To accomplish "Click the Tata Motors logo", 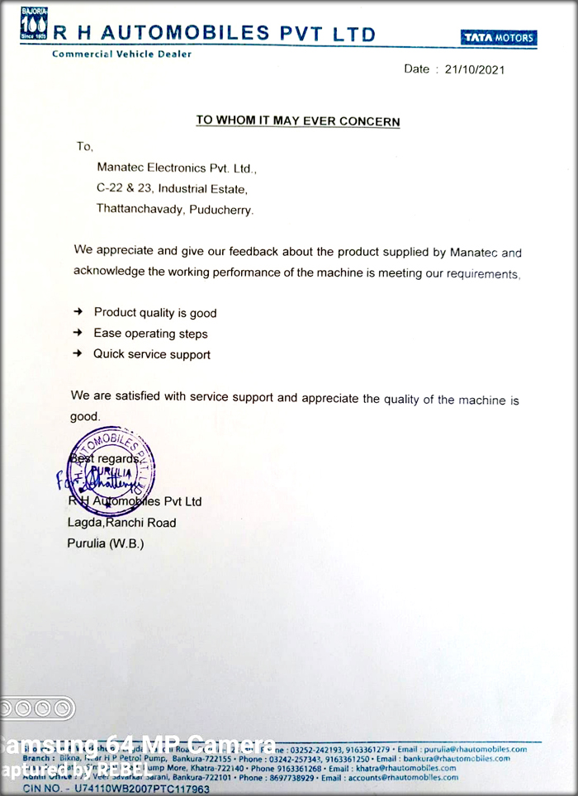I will click(x=499, y=37).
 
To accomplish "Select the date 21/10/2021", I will click(x=475, y=69).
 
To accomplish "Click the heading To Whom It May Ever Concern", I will click(x=297, y=121).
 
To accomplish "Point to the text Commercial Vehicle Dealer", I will click(x=121, y=54).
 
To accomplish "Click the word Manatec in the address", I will click(x=121, y=168).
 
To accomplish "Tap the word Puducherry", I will click(x=221, y=209).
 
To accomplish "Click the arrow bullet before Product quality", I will click(x=78, y=312).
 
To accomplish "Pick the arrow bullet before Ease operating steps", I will click(x=78, y=333).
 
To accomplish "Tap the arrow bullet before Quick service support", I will click(x=78, y=353).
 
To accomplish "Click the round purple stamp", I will click(x=111, y=468).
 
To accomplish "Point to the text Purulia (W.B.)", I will click(x=105, y=543).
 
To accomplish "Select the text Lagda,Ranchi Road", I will click(x=121, y=522).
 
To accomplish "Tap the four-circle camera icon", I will click(x=37, y=708).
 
